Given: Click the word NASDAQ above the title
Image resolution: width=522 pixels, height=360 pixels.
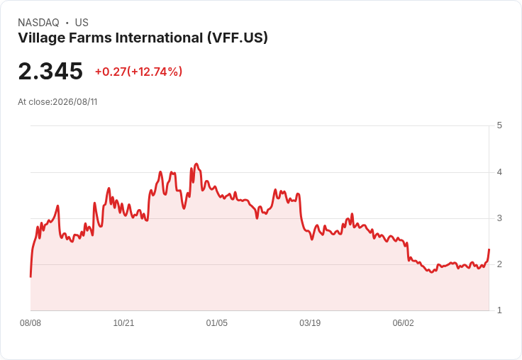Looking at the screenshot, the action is (x=38, y=23).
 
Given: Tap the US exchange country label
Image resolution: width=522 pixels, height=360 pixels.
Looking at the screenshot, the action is (x=82, y=23).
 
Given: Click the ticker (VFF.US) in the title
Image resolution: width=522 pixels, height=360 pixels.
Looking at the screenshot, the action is (x=238, y=38).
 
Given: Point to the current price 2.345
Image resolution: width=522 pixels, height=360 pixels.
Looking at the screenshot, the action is (x=50, y=71).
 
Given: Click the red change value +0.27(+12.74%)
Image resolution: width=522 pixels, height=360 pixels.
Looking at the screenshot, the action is (x=138, y=72).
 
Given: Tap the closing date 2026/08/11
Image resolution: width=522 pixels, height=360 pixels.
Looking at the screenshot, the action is (x=75, y=102).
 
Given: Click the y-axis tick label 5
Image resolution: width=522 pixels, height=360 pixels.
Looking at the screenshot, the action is (x=499, y=125).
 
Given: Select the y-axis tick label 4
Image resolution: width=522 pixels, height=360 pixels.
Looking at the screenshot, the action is (x=499, y=172).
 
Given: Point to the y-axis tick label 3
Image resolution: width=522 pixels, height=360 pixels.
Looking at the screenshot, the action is (x=499, y=218).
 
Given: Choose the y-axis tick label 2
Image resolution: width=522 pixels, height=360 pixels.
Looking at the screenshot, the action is (x=499, y=264).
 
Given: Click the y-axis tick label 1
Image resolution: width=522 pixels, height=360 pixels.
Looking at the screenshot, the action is (x=499, y=310).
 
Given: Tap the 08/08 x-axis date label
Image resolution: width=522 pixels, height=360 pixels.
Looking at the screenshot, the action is (x=30, y=323).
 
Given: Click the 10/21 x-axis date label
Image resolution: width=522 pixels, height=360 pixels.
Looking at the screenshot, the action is (x=123, y=323).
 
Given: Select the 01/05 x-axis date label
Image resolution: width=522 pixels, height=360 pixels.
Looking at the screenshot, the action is (x=217, y=323).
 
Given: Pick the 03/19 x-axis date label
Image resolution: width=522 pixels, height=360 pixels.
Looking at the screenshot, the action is (x=310, y=323).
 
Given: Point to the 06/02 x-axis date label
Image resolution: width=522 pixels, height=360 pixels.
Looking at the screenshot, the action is (x=403, y=323).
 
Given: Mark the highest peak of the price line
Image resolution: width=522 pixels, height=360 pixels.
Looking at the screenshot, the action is (x=196, y=164).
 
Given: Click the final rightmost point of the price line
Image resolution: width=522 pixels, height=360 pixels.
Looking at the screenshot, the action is (x=489, y=249).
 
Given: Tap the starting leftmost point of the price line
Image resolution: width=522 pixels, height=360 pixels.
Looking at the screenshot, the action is (x=30, y=277).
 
